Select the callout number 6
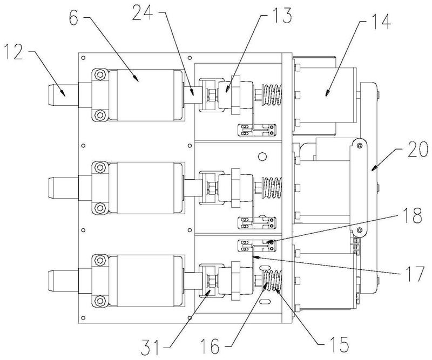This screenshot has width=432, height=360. tap(74, 17)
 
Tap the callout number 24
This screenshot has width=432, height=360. tap(142, 12)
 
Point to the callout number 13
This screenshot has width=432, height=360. tap(281, 16)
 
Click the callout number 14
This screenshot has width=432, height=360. tap(380, 21)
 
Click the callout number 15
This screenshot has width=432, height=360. tap(339, 344)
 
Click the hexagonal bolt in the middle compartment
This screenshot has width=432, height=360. tap(262, 156)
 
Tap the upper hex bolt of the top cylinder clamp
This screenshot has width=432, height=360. tap(100, 74)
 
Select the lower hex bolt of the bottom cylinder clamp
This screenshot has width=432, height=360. tap(100, 301)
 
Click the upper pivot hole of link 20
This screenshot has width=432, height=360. tap(359, 145)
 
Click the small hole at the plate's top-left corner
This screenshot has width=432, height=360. tap(83, 58)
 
